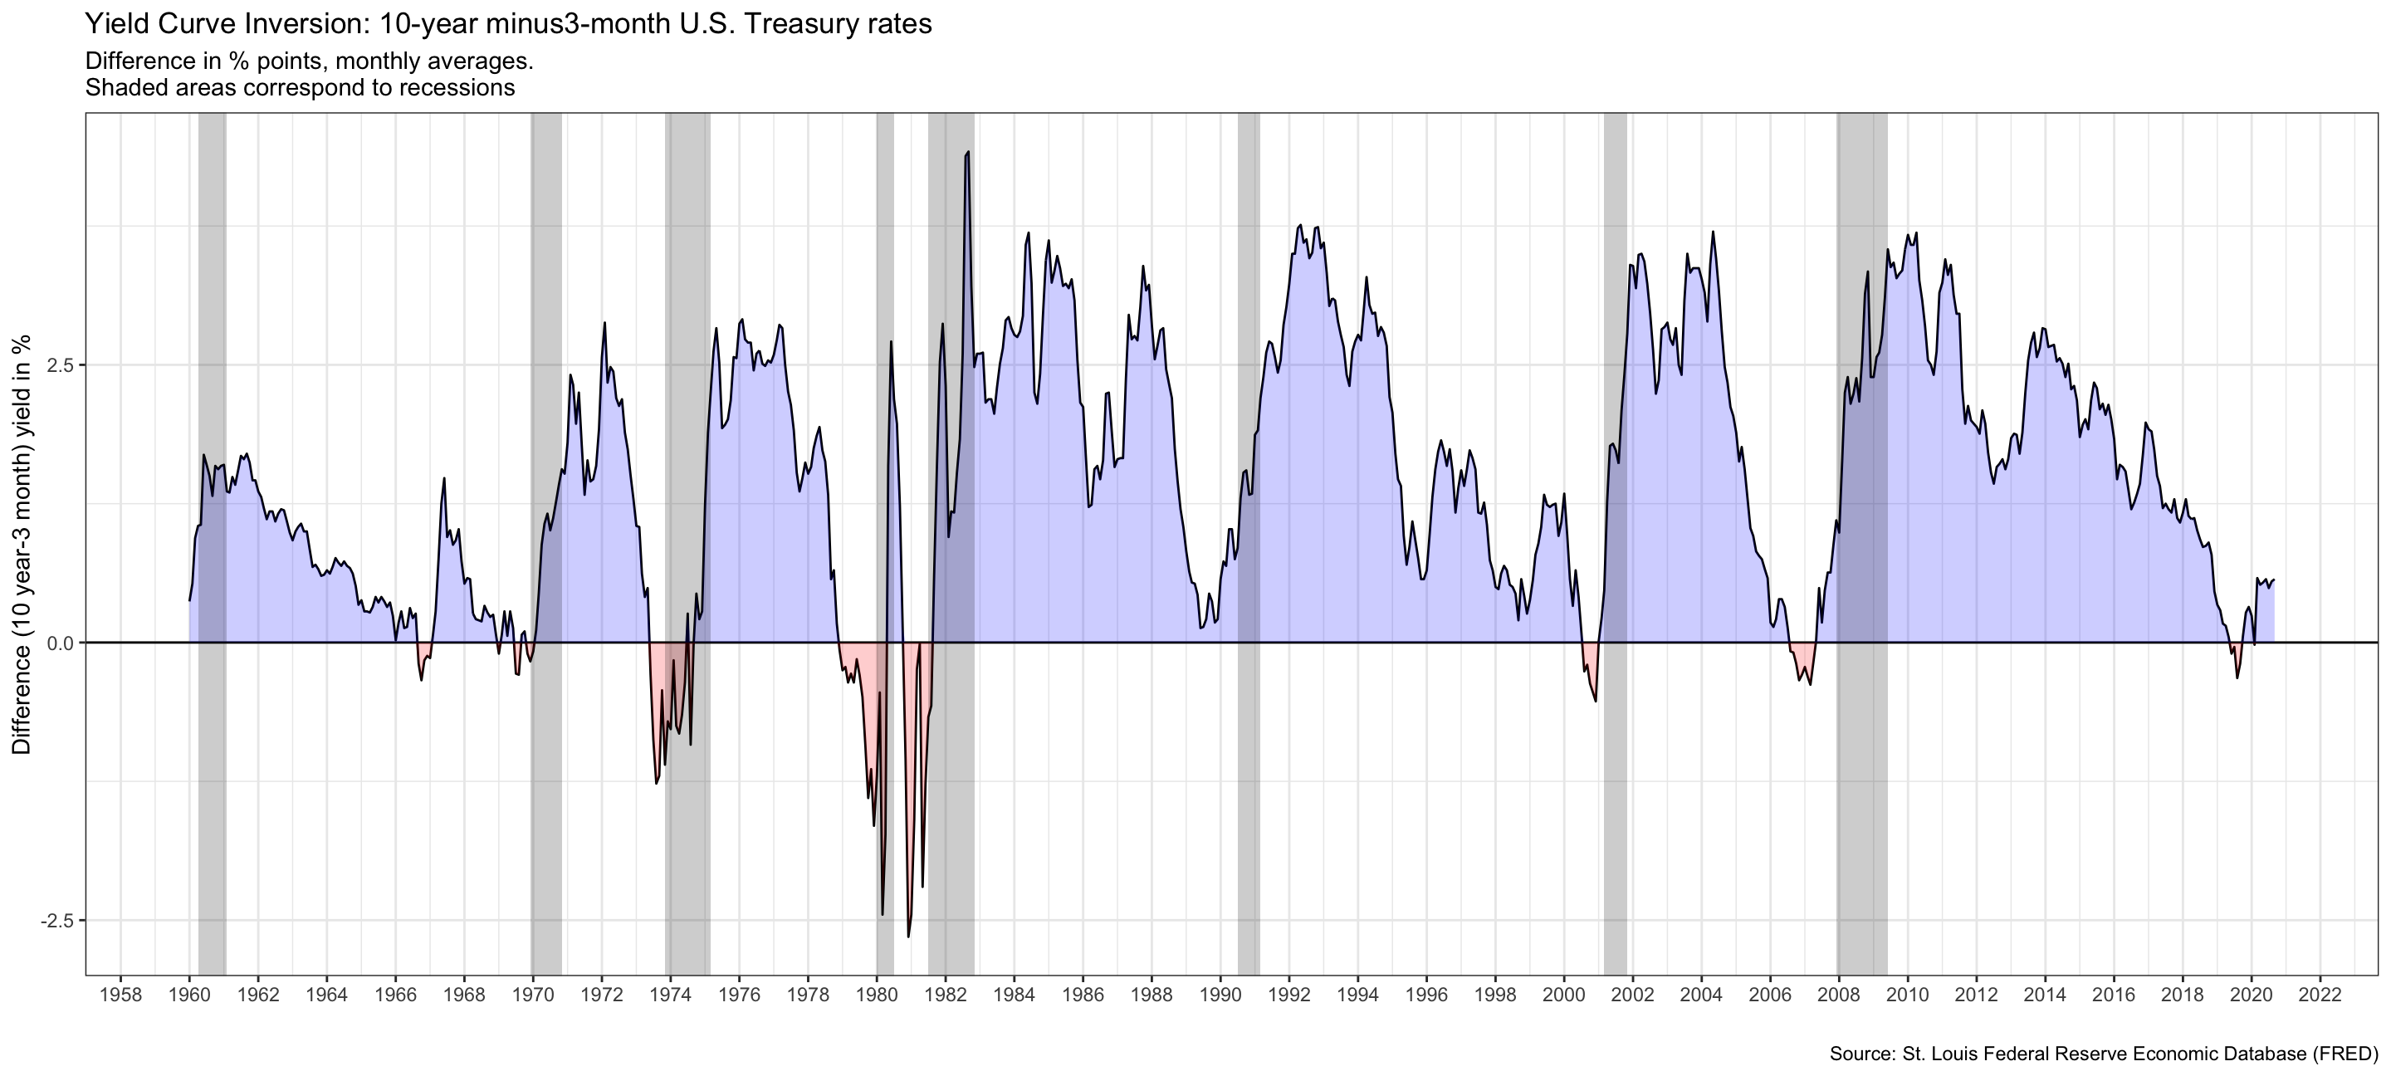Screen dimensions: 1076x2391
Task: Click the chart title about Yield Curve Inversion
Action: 508,23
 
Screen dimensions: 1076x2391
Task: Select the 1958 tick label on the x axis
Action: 120,995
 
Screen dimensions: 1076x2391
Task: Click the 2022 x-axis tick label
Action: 2320,995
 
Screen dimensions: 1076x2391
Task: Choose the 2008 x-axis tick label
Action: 1839,995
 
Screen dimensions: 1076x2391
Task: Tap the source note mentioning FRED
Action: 2103,1054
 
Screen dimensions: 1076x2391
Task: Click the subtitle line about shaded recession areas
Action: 300,88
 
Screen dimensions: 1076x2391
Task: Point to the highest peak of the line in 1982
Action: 968,152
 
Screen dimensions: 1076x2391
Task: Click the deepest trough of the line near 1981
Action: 907,936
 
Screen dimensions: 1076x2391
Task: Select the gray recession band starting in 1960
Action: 213,371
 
